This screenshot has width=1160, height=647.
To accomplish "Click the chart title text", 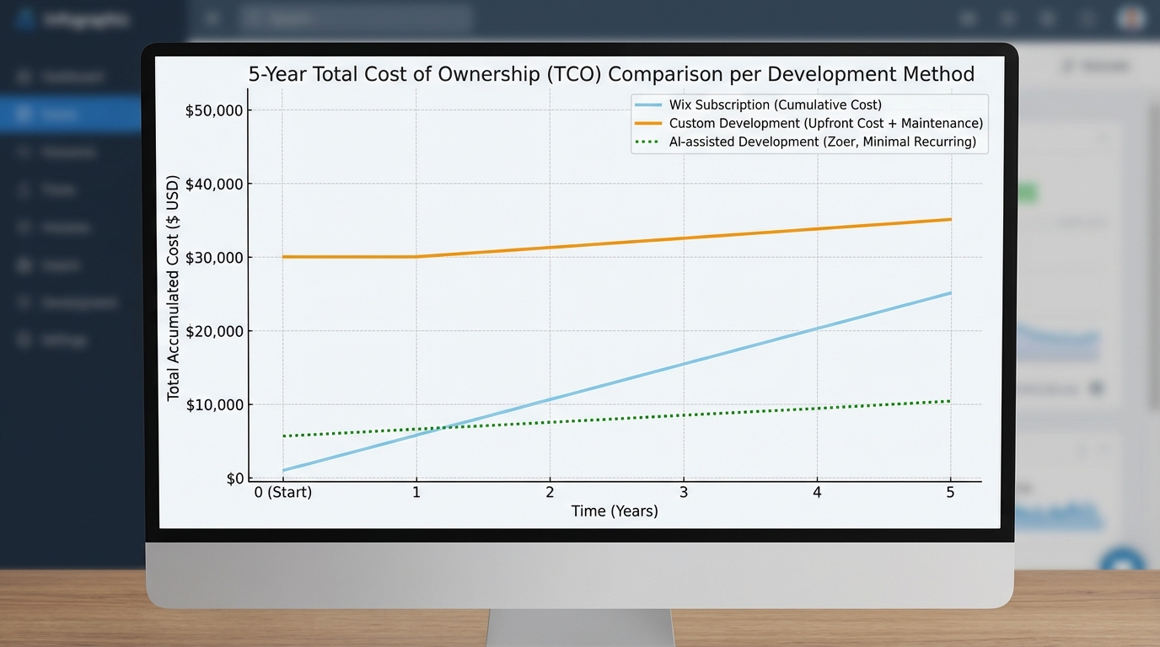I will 611,74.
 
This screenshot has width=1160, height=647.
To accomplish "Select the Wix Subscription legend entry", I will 775,105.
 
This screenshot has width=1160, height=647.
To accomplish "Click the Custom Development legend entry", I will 825,123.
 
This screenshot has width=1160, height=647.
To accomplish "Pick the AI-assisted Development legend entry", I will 822,142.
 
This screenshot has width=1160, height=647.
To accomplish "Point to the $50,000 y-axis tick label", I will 214,110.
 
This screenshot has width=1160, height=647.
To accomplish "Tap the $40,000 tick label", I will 214,184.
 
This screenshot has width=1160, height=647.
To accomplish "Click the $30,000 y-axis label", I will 214,257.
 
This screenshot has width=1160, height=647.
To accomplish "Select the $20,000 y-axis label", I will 214,331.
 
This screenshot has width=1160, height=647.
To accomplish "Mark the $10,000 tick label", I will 214,404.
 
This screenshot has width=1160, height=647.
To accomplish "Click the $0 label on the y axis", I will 234,479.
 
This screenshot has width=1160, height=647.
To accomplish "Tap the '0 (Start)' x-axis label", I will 283,492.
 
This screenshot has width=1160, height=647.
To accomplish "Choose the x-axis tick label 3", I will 684,492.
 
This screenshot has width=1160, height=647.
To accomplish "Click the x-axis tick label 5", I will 950,492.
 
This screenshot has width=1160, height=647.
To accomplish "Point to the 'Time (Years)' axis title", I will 615,511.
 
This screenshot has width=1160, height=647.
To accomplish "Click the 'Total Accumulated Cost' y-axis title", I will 174,288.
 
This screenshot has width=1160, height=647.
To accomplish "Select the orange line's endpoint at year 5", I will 951,220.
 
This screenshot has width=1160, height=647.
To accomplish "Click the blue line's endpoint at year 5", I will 951,293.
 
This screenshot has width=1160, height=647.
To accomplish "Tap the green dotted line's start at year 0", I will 283,436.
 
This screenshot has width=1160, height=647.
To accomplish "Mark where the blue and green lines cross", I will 443,427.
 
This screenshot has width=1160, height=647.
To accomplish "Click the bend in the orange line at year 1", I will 416,257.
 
